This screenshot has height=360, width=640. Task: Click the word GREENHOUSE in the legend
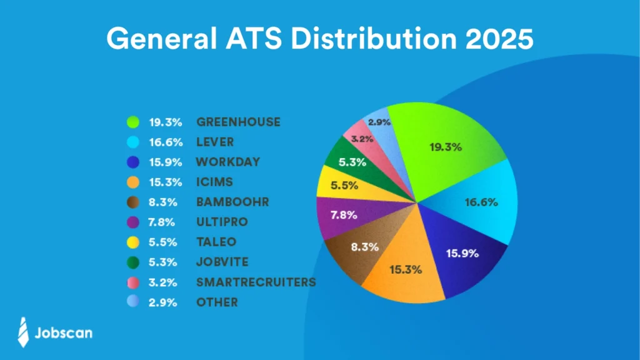pos(238,122)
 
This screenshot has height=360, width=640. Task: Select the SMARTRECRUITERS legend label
pos(256,282)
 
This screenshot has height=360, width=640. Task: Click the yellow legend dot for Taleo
pos(132,242)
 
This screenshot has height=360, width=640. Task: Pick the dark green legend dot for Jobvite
pos(132,262)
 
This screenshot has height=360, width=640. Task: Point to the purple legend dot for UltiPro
pos(132,222)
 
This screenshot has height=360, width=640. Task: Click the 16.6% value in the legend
pos(165,142)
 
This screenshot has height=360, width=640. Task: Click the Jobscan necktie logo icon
pos(23,332)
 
